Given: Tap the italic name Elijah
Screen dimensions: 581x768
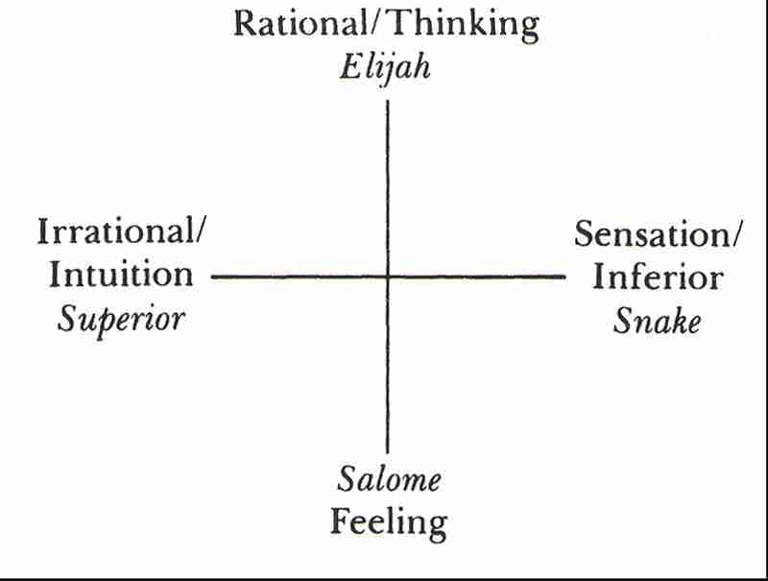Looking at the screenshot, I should [387, 69].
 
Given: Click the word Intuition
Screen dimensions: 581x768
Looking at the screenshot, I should [121, 276].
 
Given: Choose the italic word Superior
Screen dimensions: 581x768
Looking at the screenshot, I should [121, 319].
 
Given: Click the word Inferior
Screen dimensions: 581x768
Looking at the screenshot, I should [658, 277].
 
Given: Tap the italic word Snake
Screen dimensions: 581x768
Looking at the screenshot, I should [658, 320].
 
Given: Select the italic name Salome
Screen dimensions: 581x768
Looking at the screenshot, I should [388, 479].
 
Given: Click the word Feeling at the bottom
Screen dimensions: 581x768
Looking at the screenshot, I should [389, 523].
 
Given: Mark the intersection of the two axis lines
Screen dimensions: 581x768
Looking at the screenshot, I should [387, 277].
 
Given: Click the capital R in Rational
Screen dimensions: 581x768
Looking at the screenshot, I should [246, 23].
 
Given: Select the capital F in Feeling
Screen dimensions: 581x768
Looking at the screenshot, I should [341, 522].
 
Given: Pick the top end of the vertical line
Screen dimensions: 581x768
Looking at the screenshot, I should [387, 100].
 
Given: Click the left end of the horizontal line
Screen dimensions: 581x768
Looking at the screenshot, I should [212, 277].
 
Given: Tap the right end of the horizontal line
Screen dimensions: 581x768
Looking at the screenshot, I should [565, 277].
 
